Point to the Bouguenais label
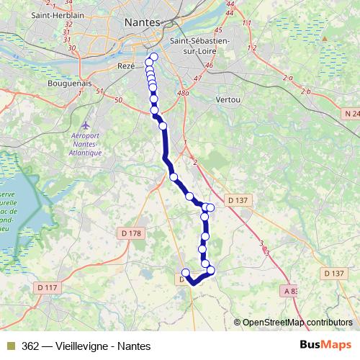coord(67,84)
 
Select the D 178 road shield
coord(130,233)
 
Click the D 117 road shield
coord(46,288)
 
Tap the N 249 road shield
coord(351,113)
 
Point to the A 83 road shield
coord(289,291)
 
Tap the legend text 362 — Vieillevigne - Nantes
coord(86,346)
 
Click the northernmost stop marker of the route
coord(153,57)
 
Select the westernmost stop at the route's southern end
coord(185,272)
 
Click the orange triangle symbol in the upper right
coord(325,38)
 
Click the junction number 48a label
coord(182,92)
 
